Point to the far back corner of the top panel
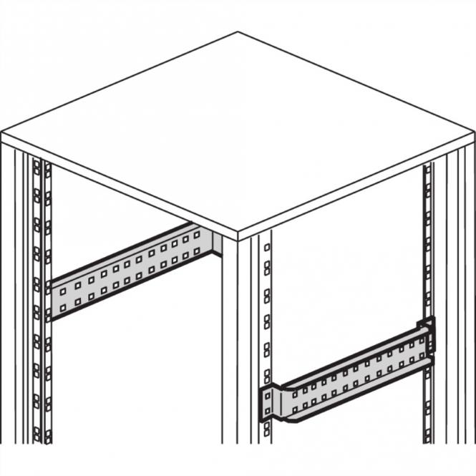tap(238, 32)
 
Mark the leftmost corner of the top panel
tap(2, 133)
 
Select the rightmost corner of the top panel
tap(474, 133)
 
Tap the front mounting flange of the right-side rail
tap(268, 404)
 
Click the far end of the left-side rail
tap(208, 240)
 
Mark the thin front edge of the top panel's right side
tap(358, 188)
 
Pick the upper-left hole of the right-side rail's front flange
tap(266, 394)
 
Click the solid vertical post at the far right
tap(462, 301)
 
